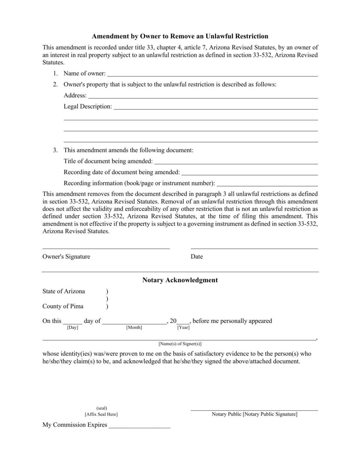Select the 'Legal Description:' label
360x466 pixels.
(x=88, y=106)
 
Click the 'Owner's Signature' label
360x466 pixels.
(x=66, y=257)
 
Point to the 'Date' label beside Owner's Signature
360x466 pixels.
(x=196, y=257)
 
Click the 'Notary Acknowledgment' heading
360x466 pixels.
(x=180, y=280)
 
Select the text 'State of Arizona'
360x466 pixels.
(x=64, y=291)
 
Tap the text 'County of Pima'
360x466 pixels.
(x=63, y=306)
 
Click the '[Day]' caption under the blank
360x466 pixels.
(x=73, y=327)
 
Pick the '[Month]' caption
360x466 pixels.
(x=134, y=327)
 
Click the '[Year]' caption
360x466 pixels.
(x=183, y=327)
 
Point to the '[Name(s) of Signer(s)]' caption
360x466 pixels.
(x=180, y=344)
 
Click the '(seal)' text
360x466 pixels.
(x=102, y=408)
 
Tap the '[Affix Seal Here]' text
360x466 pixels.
(x=101, y=414)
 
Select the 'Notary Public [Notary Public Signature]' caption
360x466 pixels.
(x=254, y=414)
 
